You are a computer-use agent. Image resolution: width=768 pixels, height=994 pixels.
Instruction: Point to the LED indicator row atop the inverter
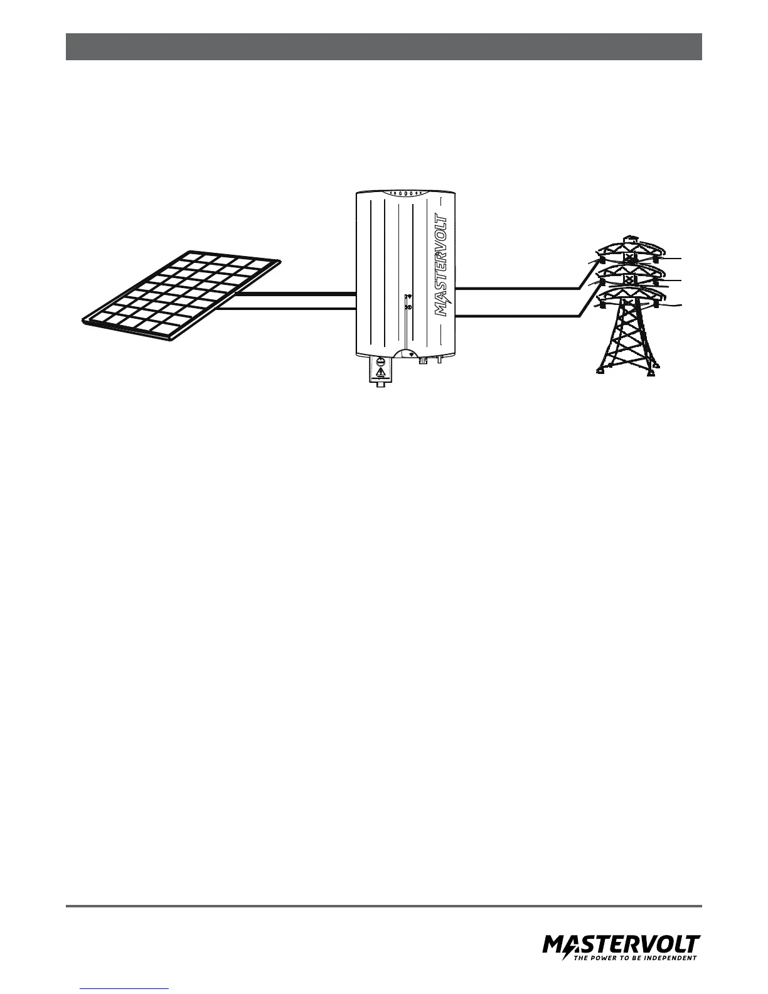click(x=405, y=193)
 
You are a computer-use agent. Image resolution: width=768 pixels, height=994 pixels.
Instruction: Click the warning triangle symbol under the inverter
click(x=380, y=374)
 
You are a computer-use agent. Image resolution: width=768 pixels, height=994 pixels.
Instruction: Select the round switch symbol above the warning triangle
click(x=380, y=361)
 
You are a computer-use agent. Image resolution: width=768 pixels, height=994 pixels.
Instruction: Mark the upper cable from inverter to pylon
click(x=515, y=288)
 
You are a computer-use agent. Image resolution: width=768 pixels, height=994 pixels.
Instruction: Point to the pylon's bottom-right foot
click(x=653, y=371)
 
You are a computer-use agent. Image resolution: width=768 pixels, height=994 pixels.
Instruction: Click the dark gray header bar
click(x=383, y=47)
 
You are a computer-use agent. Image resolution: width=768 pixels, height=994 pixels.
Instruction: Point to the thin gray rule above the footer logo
click(x=383, y=906)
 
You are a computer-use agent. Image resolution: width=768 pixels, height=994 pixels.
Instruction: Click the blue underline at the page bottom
click(x=125, y=988)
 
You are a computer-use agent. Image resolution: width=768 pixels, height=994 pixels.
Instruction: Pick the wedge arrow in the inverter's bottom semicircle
click(x=412, y=355)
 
